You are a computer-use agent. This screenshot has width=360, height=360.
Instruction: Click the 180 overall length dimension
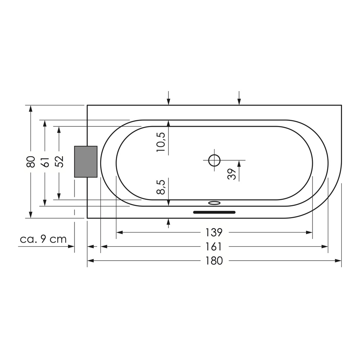[x=214, y=261]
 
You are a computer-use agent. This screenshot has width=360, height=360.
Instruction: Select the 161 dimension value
[x=214, y=247]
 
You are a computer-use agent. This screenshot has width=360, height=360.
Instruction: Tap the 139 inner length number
[x=214, y=233]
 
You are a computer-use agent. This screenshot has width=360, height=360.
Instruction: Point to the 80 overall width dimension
[x=31, y=162]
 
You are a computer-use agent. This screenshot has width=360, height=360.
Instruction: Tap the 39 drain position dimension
[x=232, y=174]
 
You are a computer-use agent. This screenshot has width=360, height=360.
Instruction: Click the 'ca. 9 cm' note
[x=43, y=239]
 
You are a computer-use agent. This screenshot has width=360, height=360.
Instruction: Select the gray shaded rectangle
[x=86, y=162]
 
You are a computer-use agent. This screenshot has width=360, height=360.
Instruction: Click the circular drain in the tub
[x=214, y=160]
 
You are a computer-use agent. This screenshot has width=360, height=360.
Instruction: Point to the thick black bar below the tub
[x=214, y=212]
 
